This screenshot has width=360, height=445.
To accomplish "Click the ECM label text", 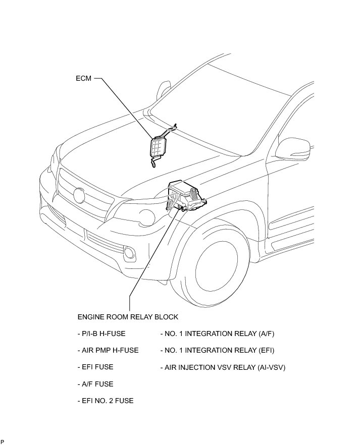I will point(84,79).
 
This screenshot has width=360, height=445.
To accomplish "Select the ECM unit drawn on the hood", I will point(158,148).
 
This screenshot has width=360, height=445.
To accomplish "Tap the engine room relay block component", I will point(186,198).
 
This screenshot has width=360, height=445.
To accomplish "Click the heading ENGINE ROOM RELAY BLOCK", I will point(128,317).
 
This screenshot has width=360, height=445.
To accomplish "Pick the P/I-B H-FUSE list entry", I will point(101,333).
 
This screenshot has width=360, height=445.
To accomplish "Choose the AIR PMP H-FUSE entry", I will point(108,350).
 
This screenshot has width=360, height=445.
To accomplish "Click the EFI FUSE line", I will point(95,367).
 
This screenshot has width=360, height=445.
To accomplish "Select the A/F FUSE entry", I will point(95,384).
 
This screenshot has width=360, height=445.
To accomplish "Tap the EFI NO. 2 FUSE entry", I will point(106,401).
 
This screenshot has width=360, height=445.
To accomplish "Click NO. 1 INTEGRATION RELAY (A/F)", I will point(217,333).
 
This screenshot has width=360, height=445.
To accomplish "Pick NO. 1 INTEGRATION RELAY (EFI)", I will point(217,350).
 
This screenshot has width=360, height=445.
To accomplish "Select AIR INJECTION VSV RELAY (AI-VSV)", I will point(223,367).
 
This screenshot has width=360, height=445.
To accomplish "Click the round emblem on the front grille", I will point(79,195).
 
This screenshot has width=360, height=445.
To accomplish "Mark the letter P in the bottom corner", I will point(3,441).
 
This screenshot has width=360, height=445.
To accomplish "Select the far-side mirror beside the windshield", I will point(163,91).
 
